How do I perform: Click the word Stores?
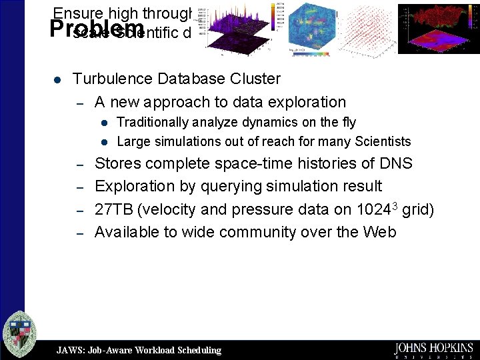tap(117, 163)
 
